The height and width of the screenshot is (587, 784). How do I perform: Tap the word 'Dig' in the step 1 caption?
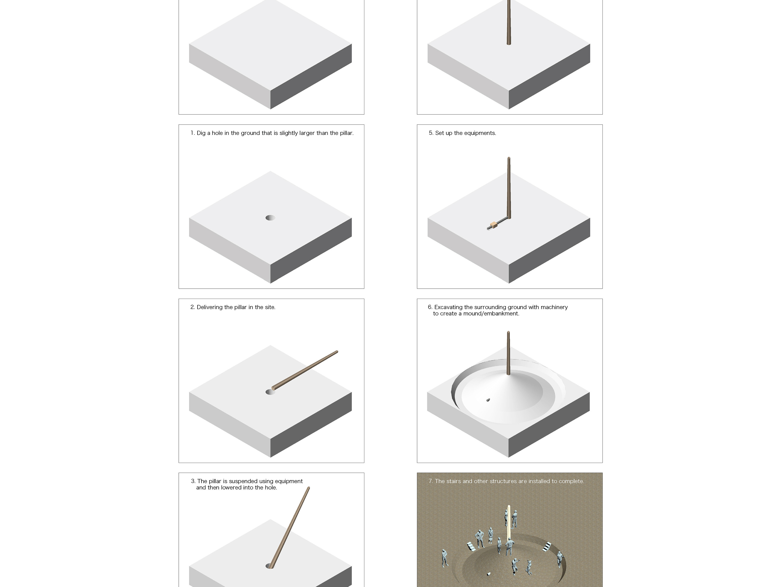[201, 133]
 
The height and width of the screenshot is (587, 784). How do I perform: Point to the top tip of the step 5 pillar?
[509, 157]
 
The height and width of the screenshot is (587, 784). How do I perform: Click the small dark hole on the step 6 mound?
[488, 400]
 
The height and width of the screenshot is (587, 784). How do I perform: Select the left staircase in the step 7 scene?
[472, 547]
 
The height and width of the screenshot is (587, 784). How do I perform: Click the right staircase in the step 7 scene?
[547, 547]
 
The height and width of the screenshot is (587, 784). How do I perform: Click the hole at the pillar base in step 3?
[270, 566]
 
